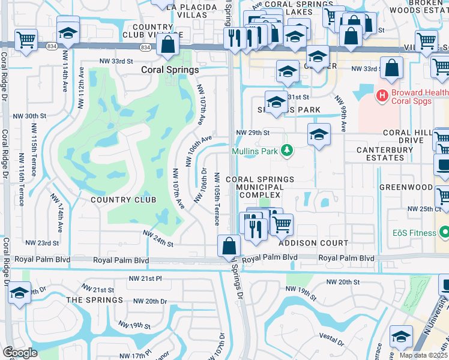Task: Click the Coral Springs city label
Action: coord(169,70)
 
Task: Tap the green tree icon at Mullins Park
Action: coord(288,150)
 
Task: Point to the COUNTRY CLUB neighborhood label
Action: coord(123,200)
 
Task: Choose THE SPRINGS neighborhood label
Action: coord(94,299)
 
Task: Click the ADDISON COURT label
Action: coord(313,243)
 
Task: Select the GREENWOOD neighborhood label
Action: coord(406,187)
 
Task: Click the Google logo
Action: coord(19,352)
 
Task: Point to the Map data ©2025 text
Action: coord(423,355)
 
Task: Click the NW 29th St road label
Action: coord(253,132)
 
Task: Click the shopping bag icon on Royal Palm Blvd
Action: coord(229,246)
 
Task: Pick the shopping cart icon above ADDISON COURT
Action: coord(281,225)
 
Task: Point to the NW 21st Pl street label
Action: coord(145,279)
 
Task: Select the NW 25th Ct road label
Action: coord(424,209)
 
